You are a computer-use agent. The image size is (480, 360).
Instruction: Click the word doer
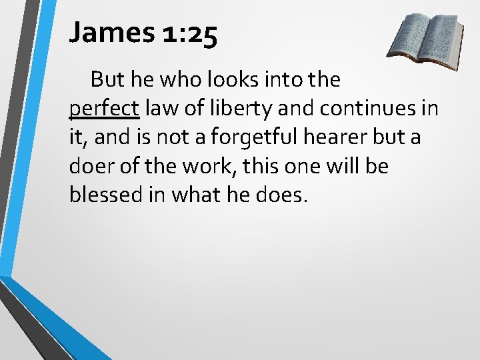89,165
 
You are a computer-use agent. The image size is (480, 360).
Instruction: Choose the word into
280,80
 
